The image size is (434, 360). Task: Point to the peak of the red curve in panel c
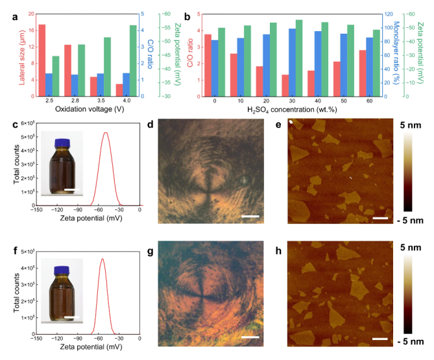tap(105, 133)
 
